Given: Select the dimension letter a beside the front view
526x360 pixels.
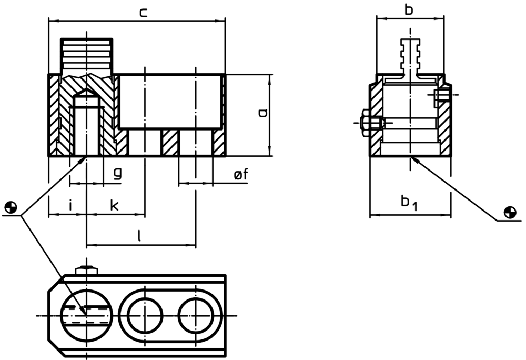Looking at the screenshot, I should click(x=264, y=112).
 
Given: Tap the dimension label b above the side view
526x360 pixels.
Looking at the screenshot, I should click(x=409, y=9).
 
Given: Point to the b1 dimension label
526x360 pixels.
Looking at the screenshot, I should click(x=408, y=202).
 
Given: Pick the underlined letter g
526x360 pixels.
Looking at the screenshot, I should click(x=118, y=173).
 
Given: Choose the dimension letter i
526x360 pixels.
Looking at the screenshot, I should click(x=70, y=205).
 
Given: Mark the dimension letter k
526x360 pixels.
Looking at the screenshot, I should click(x=114, y=205).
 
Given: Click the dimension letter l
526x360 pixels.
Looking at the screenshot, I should click(x=139, y=236).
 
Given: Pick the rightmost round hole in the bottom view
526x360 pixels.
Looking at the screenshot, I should click(x=196, y=315).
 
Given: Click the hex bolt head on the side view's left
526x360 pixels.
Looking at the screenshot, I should click(x=366, y=123).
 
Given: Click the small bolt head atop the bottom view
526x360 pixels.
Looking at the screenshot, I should click(x=86, y=271).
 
